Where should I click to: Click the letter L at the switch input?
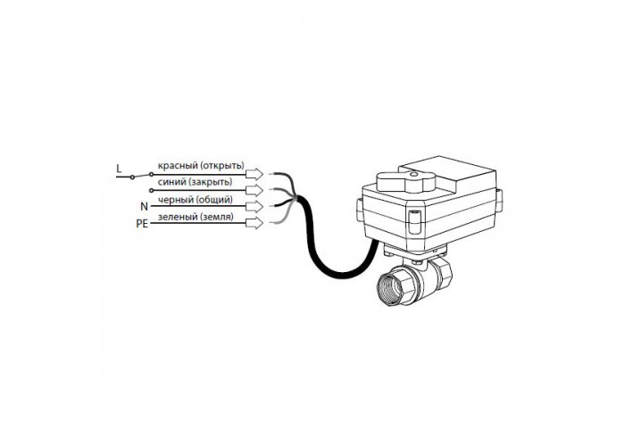pos(119,169)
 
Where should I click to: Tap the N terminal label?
pos(144,206)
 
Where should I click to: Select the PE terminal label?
pos(142,224)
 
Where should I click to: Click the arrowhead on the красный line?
pos(254,174)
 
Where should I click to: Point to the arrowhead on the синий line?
pos(254,190)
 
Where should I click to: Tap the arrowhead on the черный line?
pos(254,207)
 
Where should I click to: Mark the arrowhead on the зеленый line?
pos(254,223)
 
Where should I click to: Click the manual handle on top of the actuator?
pos(405,181)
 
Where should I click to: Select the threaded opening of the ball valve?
pos(391,288)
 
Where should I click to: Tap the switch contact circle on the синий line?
pos(151,190)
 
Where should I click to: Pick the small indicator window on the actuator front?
pos(413,221)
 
